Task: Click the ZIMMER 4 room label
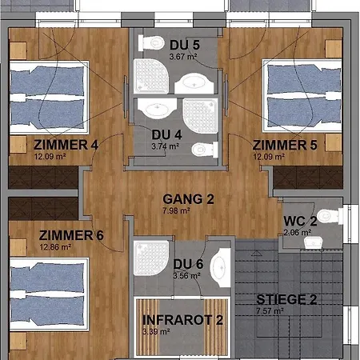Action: pos(66,145)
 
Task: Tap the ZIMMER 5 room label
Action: pos(285,145)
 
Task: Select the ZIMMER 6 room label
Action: pos(71,235)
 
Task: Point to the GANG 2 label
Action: pos(188,199)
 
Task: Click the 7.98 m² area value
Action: pos(176,210)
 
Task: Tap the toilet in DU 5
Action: pos(151,42)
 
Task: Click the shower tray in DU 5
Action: pos(151,76)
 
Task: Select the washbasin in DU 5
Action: pos(194,83)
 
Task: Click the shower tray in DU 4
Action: pos(200,116)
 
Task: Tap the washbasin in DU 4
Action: pos(158,109)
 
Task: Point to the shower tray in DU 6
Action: pos(151,258)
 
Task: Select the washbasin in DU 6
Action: pos(220,267)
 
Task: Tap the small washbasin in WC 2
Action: pos(314,243)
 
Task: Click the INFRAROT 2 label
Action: pos(182,320)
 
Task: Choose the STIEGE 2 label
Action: pos(286,299)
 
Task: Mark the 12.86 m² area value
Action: pos(55,247)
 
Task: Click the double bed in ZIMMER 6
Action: pos(50,294)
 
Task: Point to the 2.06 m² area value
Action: pos(298,233)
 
